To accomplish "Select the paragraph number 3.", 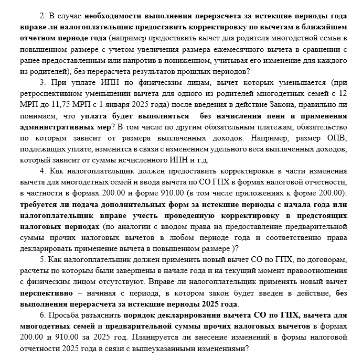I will click(x=42, y=83).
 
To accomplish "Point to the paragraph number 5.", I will click(x=42, y=259).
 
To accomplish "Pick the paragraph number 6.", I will click(x=42, y=314).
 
